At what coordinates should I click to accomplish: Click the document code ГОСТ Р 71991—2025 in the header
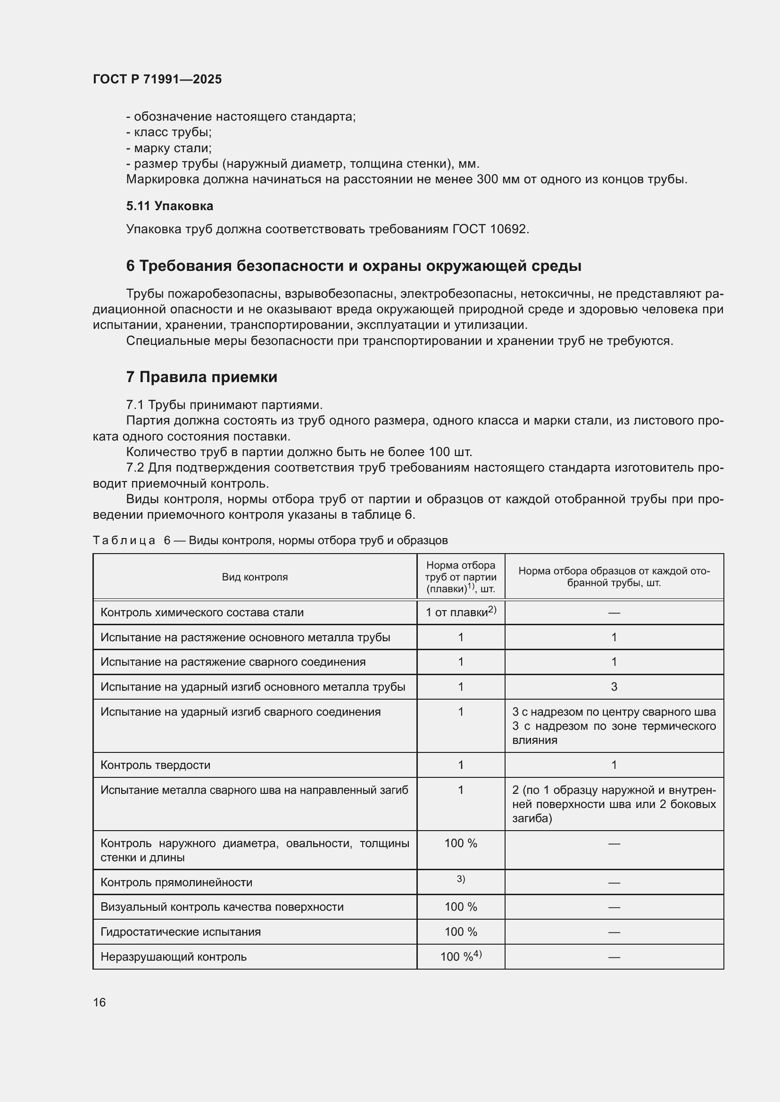(x=157, y=79)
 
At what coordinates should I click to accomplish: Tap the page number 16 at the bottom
(x=100, y=1002)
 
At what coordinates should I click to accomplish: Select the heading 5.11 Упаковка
(x=170, y=206)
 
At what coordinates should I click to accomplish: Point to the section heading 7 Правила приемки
(x=202, y=377)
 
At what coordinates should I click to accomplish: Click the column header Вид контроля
(x=255, y=577)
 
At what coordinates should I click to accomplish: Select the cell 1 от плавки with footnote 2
(x=460, y=612)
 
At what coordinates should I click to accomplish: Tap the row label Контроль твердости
(x=155, y=765)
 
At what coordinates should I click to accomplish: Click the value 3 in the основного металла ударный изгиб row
(x=614, y=687)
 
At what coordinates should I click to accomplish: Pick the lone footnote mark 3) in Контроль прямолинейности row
(x=461, y=879)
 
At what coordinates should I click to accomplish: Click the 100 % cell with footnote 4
(x=461, y=956)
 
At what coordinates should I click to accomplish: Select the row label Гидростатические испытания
(x=181, y=931)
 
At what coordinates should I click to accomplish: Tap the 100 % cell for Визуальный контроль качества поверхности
(x=461, y=906)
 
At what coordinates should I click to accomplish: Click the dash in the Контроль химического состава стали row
(x=614, y=613)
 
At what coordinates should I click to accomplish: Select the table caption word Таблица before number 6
(x=124, y=540)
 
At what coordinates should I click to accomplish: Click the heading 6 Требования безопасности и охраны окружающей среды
(x=354, y=266)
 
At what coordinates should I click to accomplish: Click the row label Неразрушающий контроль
(x=174, y=957)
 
